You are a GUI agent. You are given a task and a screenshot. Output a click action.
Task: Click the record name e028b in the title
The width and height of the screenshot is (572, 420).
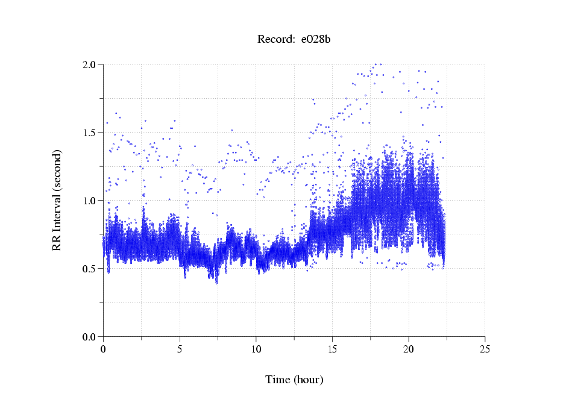click(x=315, y=40)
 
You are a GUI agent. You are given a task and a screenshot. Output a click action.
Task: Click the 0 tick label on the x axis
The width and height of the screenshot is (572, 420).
click(x=103, y=348)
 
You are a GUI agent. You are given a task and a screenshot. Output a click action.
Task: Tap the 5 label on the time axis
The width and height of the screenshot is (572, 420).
click(x=180, y=348)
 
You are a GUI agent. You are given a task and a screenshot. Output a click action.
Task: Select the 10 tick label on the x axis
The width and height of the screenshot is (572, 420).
click(x=256, y=348)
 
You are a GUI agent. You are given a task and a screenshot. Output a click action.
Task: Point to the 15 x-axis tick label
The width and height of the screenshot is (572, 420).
click(x=332, y=348)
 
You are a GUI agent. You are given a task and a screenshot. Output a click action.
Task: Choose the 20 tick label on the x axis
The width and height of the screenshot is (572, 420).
click(x=409, y=348)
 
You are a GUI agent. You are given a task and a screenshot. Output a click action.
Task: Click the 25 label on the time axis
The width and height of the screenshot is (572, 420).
click(x=485, y=348)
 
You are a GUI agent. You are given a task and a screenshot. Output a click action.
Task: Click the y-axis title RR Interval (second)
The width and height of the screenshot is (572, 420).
click(x=57, y=199)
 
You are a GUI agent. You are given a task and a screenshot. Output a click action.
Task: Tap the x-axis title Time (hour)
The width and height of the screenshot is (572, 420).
click(x=294, y=380)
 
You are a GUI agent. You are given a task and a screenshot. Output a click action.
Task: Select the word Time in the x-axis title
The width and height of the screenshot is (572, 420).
click(x=278, y=380)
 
